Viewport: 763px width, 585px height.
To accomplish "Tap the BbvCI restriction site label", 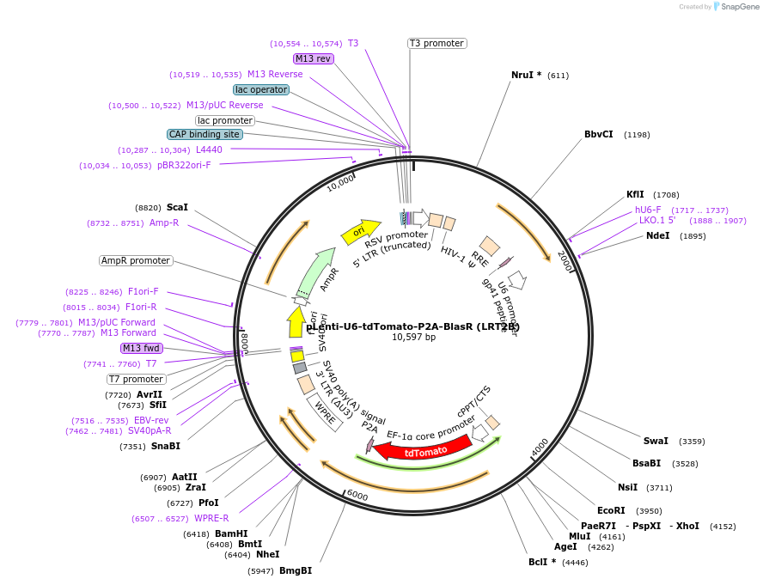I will [599, 135].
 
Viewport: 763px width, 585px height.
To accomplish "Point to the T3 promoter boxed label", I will [436, 43].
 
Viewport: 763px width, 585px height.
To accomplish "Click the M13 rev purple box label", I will [313, 58].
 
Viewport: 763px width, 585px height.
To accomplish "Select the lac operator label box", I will [261, 89].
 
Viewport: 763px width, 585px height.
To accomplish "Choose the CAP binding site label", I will [204, 134].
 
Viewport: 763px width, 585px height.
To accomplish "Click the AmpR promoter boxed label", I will [136, 260].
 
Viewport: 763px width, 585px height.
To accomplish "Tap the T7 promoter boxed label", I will [137, 379].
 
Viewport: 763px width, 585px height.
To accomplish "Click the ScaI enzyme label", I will [177, 208].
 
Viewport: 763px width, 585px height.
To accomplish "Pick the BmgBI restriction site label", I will [296, 570].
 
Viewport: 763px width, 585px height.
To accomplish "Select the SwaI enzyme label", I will [656, 441].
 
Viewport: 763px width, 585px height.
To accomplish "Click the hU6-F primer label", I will [648, 210].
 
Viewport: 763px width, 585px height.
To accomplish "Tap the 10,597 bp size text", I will [413, 338].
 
